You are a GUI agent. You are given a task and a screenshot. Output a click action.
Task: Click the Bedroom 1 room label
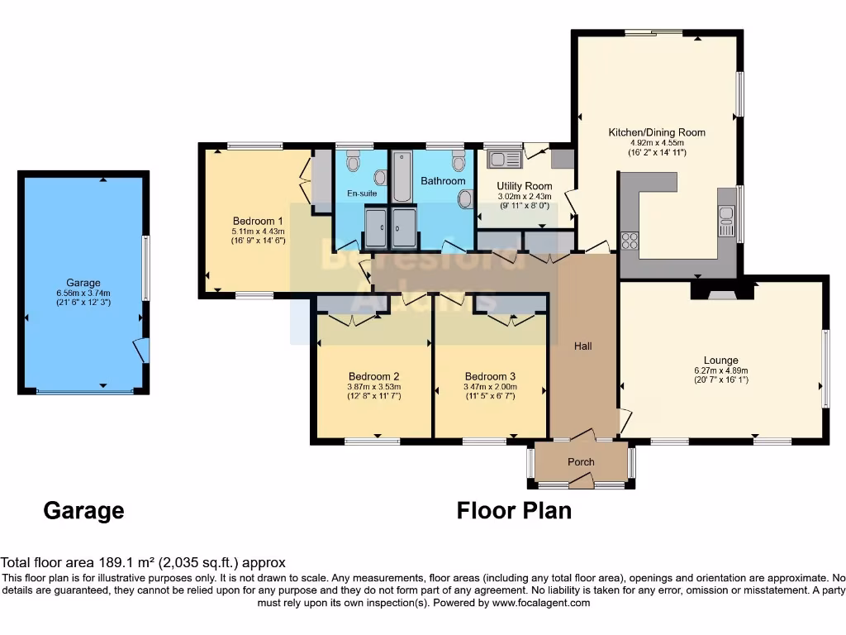[x=258, y=221]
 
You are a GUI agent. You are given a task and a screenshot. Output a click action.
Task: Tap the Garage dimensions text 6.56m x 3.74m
[x=83, y=293]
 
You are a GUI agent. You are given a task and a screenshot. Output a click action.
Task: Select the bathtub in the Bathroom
[x=402, y=176]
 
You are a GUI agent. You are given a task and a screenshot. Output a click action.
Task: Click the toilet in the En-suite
[x=354, y=162]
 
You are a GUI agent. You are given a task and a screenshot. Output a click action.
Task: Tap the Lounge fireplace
[x=722, y=291]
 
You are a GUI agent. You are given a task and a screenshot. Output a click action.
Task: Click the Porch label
[x=581, y=461]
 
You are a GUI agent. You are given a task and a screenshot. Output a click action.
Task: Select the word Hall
[x=583, y=346]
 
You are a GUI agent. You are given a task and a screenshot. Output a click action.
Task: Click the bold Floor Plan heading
[x=514, y=510]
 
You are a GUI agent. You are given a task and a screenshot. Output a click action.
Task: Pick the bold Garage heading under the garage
[x=83, y=510]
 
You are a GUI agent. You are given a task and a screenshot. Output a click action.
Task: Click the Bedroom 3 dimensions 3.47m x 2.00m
[x=490, y=386]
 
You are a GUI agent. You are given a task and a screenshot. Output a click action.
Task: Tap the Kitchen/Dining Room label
[x=657, y=132]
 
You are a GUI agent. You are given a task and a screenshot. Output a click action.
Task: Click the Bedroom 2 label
[x=373, y=375]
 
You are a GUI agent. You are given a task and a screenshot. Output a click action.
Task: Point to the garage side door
[x=144, y=351]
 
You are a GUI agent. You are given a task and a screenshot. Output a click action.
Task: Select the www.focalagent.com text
[x=541, y=603]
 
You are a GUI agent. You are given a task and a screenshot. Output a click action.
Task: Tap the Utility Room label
[x=525, y=186]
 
